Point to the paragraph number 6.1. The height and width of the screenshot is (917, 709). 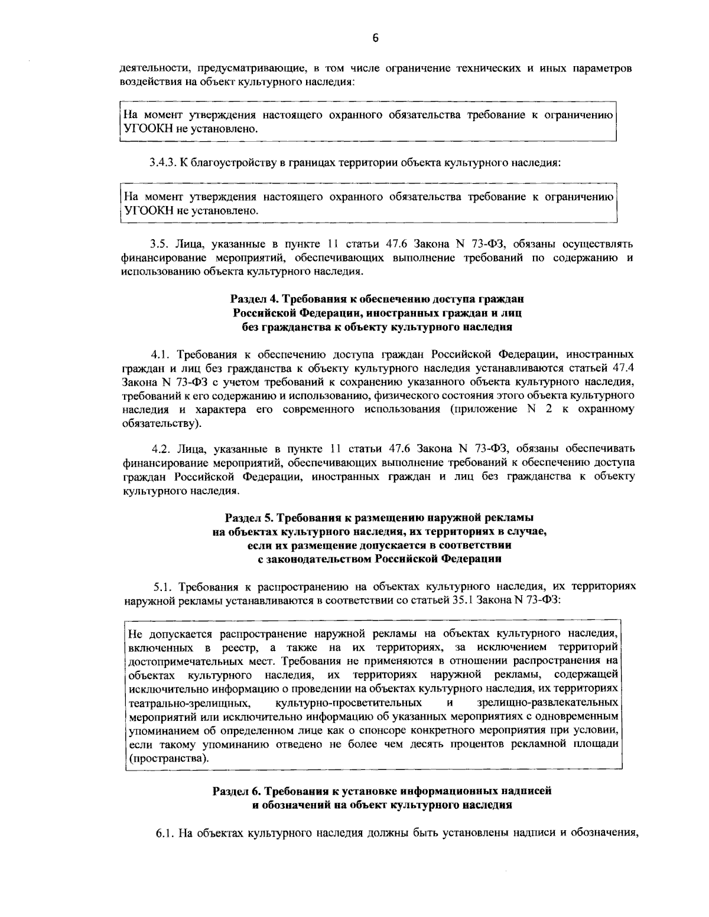coord(164,833)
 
